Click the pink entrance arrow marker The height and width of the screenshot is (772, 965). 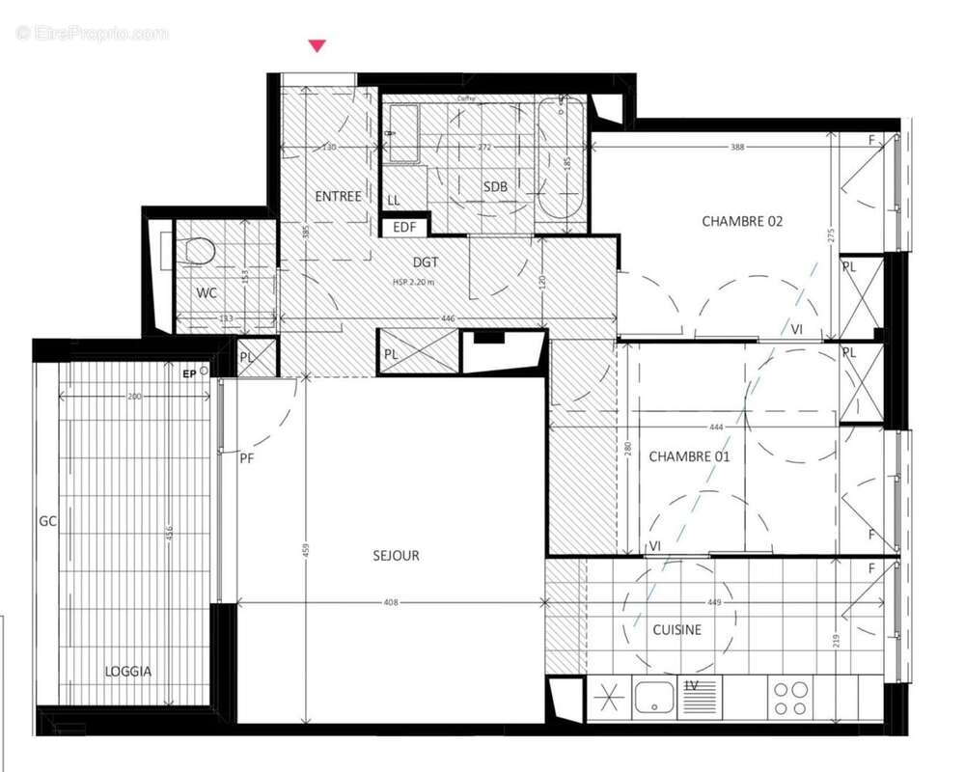tap(317, 45)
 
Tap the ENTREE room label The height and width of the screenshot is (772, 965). tap(338, 196)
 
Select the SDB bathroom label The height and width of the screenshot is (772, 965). tap(496, 186)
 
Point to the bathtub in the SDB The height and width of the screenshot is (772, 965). tap(560, 159)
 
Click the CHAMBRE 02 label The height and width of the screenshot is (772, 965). tap(741, 221)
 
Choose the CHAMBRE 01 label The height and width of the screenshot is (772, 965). tap(689, 455)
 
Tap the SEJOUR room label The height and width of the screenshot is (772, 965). tap(396, 555)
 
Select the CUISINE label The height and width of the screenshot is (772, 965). tap(676, 630)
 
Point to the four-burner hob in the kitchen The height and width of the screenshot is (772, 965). tap(790, 698)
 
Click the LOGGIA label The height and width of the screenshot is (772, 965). tap(129, 671)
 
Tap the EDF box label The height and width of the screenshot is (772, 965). tap(403, 228)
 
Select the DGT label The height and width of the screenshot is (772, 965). tap(426, 262)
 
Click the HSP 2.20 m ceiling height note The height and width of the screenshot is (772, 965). tap(413, 282)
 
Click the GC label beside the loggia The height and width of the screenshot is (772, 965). tap(48, 520)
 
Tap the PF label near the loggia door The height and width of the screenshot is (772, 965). tap(247, 459)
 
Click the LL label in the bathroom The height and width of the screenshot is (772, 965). tap(394, 200)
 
